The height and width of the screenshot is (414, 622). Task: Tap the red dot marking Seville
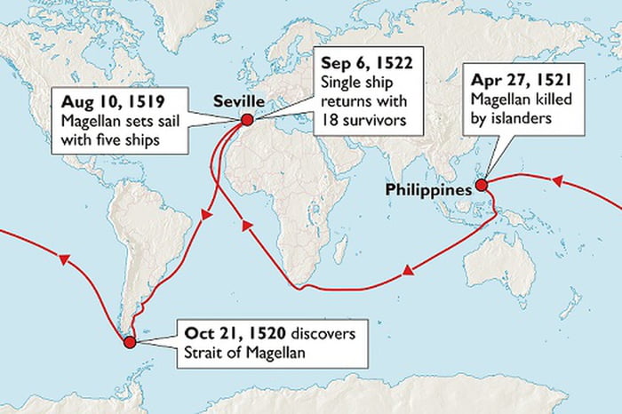(x=247, y=120)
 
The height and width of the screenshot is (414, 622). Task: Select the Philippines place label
(x=428, y=188)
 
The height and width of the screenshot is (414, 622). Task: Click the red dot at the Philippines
(x=481, y=185)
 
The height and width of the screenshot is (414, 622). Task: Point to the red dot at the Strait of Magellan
(x=130, y=341)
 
